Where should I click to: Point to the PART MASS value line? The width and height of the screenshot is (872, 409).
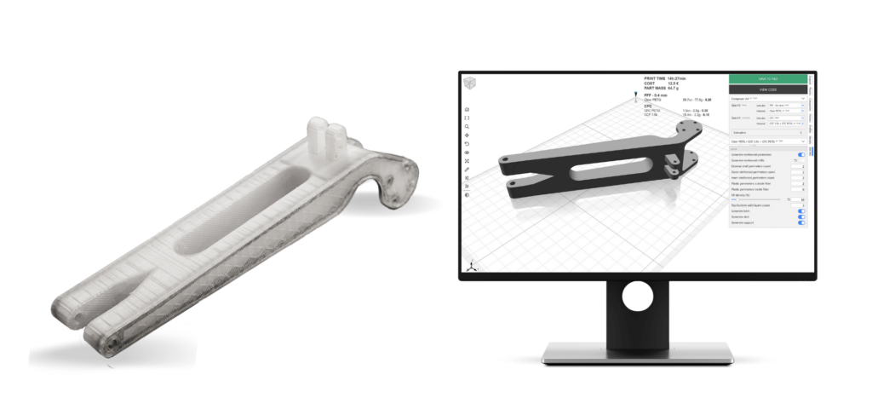click(x=662, y=88)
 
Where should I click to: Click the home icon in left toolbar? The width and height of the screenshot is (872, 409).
click(x=467, y=110)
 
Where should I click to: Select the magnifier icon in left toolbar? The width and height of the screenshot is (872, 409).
click(x=467, y=126)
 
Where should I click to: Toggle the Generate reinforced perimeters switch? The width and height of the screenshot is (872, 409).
click(x=800, y=154)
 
